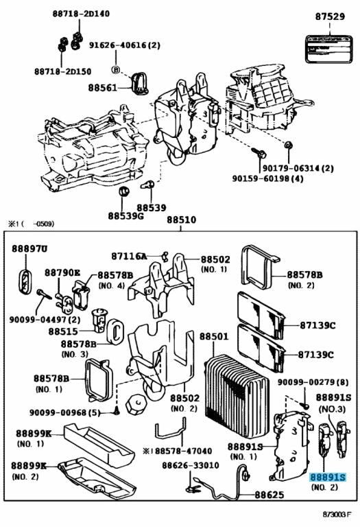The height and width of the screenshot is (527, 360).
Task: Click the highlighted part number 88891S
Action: [328, 478]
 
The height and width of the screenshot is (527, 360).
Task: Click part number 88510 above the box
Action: [182, 220]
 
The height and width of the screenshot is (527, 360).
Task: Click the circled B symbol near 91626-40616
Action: [116, 69]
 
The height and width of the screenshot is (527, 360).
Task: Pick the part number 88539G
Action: [125, 216]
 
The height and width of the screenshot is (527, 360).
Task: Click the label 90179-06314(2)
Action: [300, 168]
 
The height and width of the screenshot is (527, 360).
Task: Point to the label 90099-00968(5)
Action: [64, 412]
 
